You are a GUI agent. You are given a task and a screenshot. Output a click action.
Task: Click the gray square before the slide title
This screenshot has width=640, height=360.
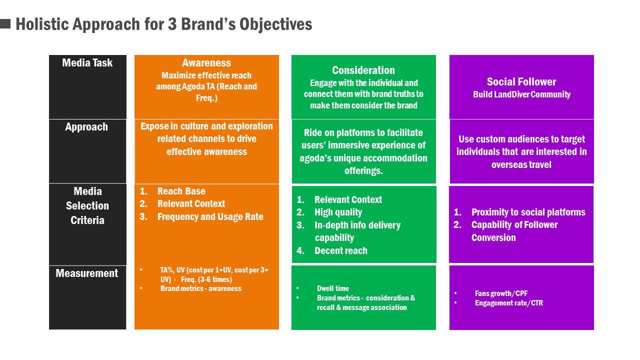pos(5,23)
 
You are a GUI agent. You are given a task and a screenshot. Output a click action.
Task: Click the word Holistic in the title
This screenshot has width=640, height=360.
pos(42,24)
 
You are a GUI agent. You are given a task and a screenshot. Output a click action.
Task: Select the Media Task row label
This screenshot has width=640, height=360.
pos(87,63)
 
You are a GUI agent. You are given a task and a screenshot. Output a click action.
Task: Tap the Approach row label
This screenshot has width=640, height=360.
pos(86,127)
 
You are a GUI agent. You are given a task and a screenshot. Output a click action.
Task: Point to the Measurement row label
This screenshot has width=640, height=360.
pos(87,273)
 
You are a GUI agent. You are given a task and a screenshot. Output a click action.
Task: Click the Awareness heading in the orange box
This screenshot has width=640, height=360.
pos(206,63)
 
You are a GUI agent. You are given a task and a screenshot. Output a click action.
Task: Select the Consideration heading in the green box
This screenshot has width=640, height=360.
pos(363,70)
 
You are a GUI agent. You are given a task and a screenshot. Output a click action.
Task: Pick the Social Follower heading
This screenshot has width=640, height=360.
pos(521,82)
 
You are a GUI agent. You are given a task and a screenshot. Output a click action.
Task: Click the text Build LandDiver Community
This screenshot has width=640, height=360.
pos(521,94)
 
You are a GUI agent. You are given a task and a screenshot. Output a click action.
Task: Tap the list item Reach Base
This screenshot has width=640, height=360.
pos(181,191)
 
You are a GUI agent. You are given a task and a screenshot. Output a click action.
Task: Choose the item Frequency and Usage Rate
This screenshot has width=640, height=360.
pos(210,217)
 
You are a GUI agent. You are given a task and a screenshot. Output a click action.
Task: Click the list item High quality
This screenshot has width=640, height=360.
pos(338,212)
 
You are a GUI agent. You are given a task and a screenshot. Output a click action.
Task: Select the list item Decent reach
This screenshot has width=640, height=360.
pos(341,251)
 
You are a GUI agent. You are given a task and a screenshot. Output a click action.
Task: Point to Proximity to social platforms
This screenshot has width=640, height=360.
pos(528,212)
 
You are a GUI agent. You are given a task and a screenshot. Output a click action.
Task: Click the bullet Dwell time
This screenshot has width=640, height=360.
pos(333,288)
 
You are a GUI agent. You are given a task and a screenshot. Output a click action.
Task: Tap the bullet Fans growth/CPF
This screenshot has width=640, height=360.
pos(501,293)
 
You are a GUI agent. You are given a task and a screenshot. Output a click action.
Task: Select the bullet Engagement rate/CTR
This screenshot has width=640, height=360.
pos(509,303)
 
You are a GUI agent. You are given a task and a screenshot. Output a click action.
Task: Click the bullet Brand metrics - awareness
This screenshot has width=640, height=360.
pos(201,288)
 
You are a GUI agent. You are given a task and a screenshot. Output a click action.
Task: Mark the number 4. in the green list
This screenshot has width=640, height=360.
pos(300,251)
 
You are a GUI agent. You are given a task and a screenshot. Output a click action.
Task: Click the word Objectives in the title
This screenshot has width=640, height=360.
pos(275,24)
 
